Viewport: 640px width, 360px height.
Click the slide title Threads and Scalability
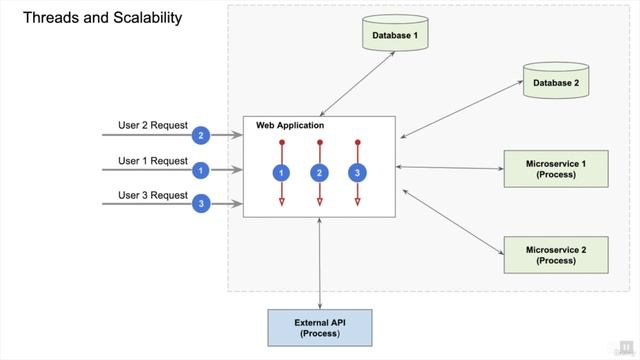tap(102, 18)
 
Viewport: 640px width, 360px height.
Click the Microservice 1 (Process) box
tap(555, 169)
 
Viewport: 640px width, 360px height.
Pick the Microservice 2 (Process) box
tap(555, 254)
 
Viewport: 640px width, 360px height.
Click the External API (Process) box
tap(320, 327)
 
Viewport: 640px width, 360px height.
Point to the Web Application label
tap(290, 126)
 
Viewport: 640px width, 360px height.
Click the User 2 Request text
tap(153, 125)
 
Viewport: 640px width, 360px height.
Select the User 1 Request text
tap(153, 160)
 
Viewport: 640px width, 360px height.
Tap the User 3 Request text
tap(153, 195)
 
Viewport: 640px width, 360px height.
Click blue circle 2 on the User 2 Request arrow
tap(201, 135)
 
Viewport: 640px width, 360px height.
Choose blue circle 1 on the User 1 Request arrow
tap(201, 170)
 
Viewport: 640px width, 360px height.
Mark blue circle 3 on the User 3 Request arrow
tap(201, 204)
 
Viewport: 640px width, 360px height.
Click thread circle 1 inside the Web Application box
tap(282, 173)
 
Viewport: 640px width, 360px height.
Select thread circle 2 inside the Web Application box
tap(319, 173)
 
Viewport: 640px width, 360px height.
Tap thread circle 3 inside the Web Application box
tap(356, 173)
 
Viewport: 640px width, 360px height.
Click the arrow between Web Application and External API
tap(320, 263)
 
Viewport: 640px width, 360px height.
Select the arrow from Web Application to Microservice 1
tap(450, 168)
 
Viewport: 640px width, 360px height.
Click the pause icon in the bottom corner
tap(626, 346)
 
